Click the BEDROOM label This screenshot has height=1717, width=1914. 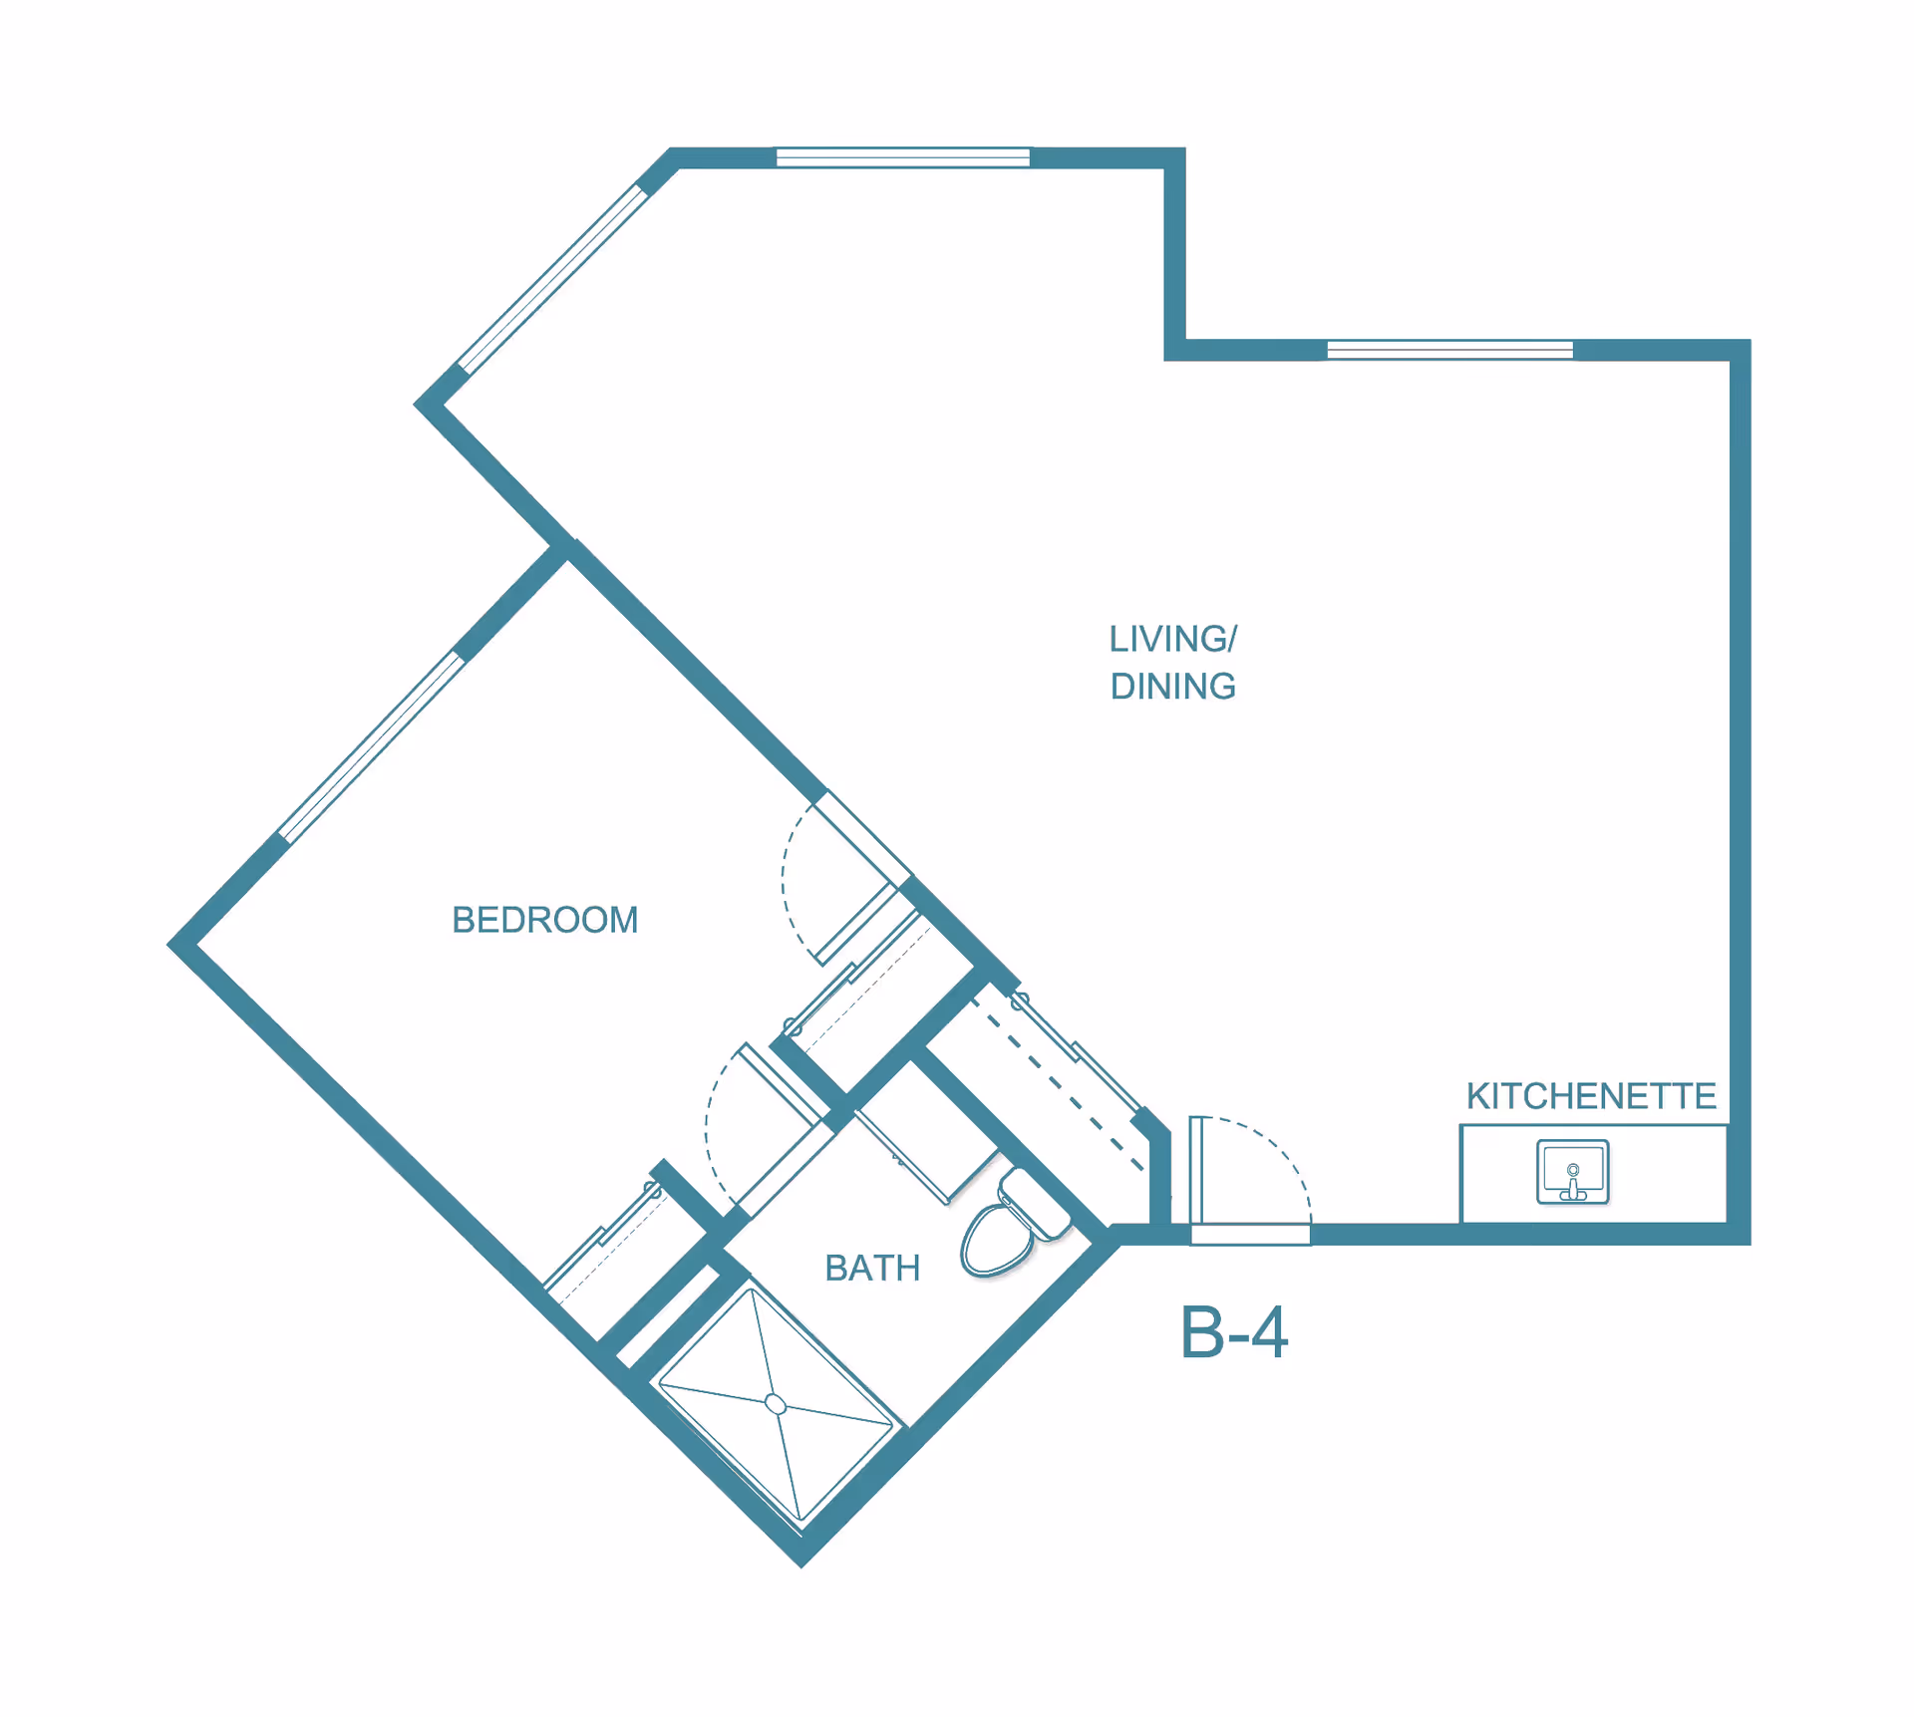pyautogui.click(x=544, y=920)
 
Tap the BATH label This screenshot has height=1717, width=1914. pyautogui.click(x=872, y=1268)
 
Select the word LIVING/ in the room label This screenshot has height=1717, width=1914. pyautogui.click(x=1173, y=639)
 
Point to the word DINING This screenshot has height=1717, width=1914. pyautogui.click(x=1173, y=687)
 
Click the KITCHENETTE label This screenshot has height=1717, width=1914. pyautogui.click(x=1591, y=1096)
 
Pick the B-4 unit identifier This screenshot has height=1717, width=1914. pyautogui.click(x=1234, y=1332)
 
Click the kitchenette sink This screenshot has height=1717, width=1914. pyautogui.click(x=1573, y=1172)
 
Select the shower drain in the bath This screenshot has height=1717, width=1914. pyautogui.click(x=776, y=1404)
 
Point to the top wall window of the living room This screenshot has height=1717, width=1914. pyautogui.click(x=903, y=157)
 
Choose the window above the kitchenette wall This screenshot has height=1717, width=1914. pyautogui.click(x=1449, y=350)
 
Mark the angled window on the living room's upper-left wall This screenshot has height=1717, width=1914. pyautogui.click(x=552, y=279)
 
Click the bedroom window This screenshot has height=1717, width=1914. pyautogui.click(x=371, y=747)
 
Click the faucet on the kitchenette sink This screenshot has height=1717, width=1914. pyautogui.click(x=1573, y=1182)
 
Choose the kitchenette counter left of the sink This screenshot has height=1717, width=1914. pyautogui.click(x=1498, y=1174)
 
